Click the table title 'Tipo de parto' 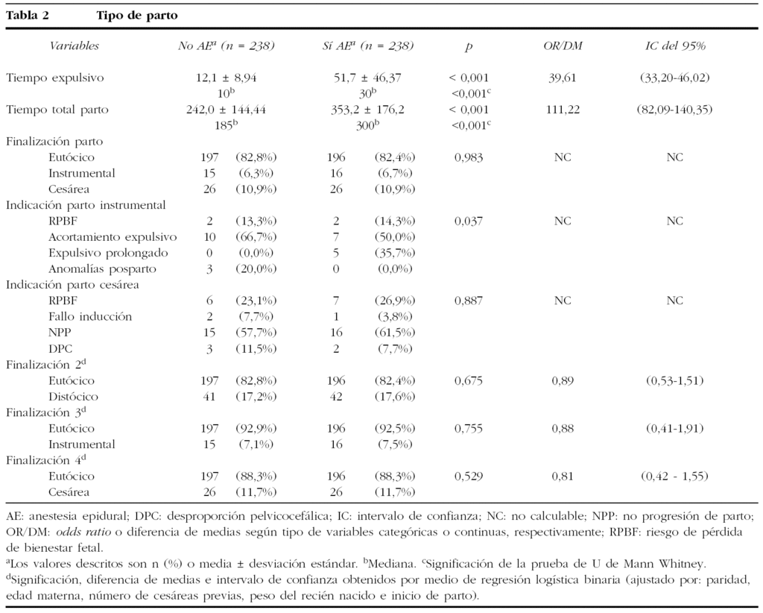[x=136, y=16]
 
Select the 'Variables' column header [x=74, y=46]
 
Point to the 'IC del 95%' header [x=675, y=46]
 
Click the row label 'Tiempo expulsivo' [x=55, y=78]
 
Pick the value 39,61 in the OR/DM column [x=563, y=78]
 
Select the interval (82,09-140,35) [x=675, y=110]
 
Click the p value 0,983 [x=469, y=157]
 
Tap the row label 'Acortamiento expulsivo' [x=113, y=237]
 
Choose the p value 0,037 [x=469, y=221]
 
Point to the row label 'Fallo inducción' [x=90, y=316]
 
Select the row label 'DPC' [x=60, y=348]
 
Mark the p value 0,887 [x=469, y=301]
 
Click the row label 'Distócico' [x=73, y=396]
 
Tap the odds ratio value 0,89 [x=563, y=380]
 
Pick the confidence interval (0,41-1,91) [x=675, y=428]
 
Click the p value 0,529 [x=469, y=476]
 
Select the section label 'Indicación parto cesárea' [x=73, y=285]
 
